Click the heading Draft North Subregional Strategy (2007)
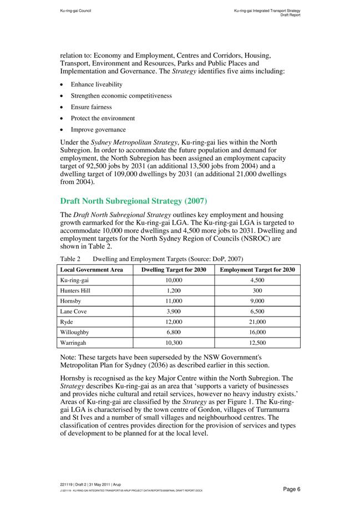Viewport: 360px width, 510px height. point(134,200)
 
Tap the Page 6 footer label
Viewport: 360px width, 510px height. point(291,489)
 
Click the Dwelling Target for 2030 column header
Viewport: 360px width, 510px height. point(174,270)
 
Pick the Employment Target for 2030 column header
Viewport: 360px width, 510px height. point(257,270)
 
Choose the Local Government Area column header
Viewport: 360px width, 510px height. point(92,270)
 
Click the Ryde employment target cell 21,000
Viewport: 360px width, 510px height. point(257,322)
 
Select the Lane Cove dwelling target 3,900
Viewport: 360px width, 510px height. point(174,311)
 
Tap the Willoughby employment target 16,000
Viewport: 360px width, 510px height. point(257,332)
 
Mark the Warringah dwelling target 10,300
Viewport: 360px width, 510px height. point(174,343)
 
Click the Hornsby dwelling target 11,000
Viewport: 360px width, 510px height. point(174,300)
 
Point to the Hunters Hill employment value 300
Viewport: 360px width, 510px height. point(257,290)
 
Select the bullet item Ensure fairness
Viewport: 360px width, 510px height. point(91,107)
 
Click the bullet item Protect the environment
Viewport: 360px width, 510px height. point(103,118)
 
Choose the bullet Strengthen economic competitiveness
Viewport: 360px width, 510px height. point(121,95)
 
